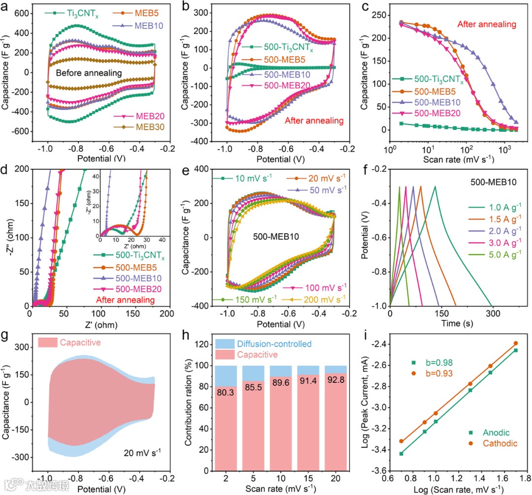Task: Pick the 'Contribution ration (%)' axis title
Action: point(193,404)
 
